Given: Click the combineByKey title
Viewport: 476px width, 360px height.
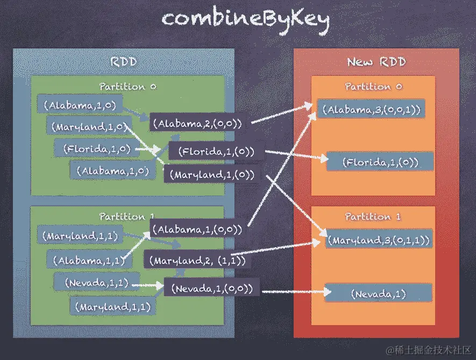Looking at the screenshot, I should (246, 19).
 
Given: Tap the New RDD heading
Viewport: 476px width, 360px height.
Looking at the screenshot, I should (376, 62).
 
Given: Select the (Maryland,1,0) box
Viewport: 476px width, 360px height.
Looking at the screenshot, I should (89, 127).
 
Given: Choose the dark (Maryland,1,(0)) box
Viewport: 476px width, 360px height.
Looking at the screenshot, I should (212, 175).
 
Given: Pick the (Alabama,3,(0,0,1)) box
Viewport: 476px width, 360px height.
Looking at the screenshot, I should (371, 110).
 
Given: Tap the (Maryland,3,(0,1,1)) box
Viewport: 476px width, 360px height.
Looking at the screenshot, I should (379, 240).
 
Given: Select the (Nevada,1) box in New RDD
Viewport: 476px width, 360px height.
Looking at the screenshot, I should (379, 294).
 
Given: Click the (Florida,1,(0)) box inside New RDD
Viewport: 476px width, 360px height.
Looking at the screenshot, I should (380, 162).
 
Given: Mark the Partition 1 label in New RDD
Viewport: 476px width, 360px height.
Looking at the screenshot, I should (373, 217).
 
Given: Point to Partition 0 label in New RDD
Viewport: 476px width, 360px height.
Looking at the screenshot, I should (373, 87).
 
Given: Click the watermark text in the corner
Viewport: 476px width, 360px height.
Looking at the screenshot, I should (428, 349).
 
